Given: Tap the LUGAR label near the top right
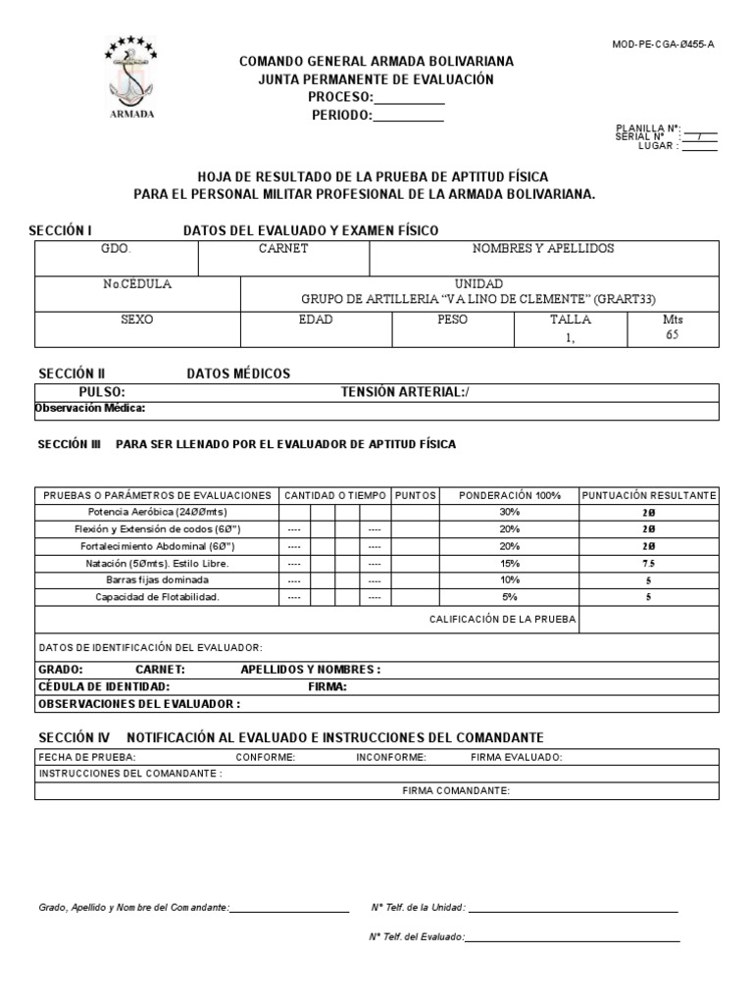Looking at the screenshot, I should (x=658, y=145).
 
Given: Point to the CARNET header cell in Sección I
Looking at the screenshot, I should (x=283, y=249).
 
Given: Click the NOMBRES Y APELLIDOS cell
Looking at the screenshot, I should (x=543, y=249).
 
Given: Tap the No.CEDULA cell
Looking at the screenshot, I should (x=137, y=284).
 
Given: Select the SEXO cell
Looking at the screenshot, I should (x=137, y=320).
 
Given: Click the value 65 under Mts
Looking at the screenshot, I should (x=672, y=334).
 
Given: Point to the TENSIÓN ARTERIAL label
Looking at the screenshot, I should (x=404, y=392).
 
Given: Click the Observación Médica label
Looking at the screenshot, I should (x=90, y=408).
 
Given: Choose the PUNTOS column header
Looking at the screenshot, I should (x=415, y=495).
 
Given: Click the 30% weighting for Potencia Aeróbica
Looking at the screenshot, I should (x=509, y=512).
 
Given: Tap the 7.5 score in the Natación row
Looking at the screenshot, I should (x=648, y=564).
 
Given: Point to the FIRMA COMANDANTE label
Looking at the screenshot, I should (x=456, y=790).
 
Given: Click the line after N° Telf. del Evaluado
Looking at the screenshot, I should (x=574, y=939).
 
